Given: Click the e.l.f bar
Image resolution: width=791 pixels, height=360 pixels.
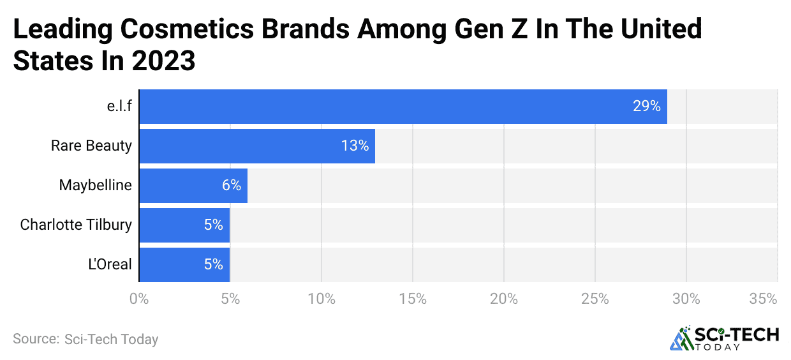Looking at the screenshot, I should [403, 107].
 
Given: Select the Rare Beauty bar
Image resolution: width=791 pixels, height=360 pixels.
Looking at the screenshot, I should [256, 146].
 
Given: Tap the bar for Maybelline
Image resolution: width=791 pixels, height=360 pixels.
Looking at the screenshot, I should [193, 186].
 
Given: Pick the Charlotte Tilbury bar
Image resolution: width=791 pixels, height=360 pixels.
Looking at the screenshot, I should [184, 225].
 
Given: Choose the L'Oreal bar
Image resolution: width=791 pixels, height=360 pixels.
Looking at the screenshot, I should [184, 265].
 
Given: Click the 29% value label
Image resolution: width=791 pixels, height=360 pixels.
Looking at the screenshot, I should [646, 107].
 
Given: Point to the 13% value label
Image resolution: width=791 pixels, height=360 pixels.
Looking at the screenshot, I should [355, 146].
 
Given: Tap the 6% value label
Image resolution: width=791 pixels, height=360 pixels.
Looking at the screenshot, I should [232, 186].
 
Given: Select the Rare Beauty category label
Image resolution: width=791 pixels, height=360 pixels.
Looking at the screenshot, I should [91, 146].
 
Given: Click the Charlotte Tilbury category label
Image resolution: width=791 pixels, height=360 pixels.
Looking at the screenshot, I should [76, 225].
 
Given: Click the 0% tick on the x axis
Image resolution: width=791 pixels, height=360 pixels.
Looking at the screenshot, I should [138, 299].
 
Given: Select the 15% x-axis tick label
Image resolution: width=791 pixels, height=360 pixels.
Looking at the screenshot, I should [413, 299].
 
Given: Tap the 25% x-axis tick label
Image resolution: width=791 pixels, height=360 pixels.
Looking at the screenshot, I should [595, 299].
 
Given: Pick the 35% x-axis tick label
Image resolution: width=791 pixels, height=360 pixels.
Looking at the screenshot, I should [763, 299].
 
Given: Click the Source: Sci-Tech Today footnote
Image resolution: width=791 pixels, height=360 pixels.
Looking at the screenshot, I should [85, 339].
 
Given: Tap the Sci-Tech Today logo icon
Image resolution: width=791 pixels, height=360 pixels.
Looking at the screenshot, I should [681, 338].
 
